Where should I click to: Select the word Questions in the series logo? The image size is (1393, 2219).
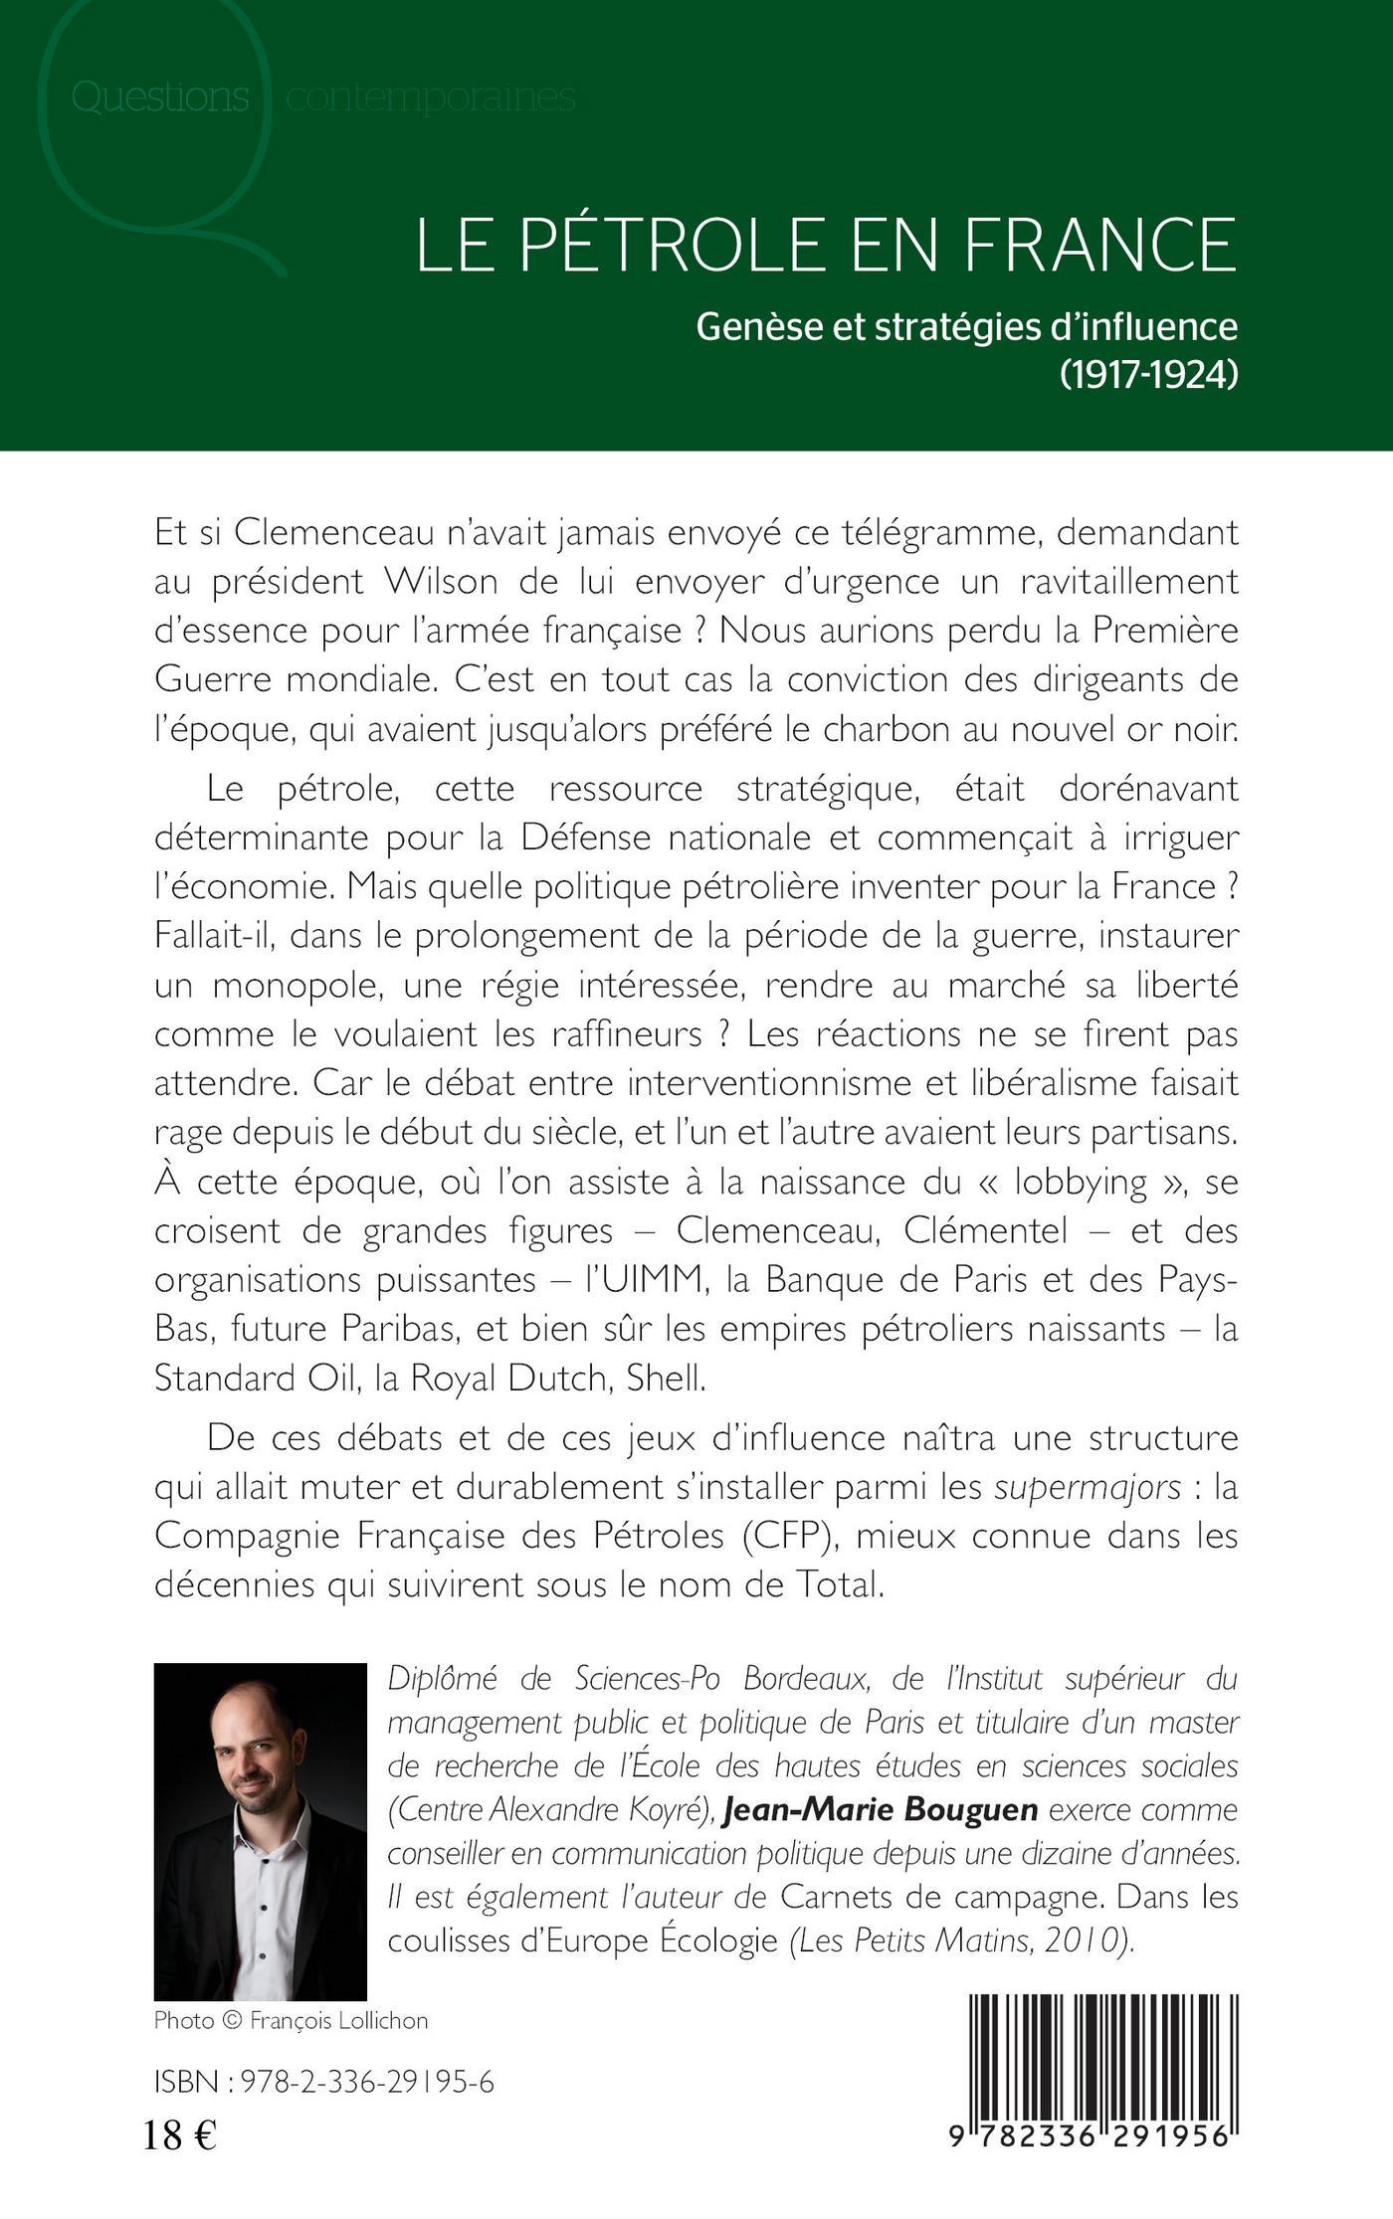[160, 97]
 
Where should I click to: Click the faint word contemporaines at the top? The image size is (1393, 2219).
[431, 97]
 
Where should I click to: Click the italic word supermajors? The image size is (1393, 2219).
[1088, 1487]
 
